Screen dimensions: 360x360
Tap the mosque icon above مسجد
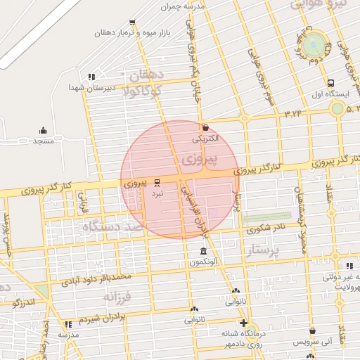tap(43, 130)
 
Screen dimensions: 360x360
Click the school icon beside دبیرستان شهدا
tap(91, 77)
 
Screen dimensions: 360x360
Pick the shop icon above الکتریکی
tap(205, 128)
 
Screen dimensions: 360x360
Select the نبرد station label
tap(157, 192)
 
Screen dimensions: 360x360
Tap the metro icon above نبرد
tap(157, 181)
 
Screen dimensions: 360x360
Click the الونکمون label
tap(203, 262)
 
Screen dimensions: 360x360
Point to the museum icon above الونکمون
tap(203, 252)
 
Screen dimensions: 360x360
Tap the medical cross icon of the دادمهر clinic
tap(243, 323)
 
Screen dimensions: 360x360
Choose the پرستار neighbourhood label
tap(264, 250)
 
